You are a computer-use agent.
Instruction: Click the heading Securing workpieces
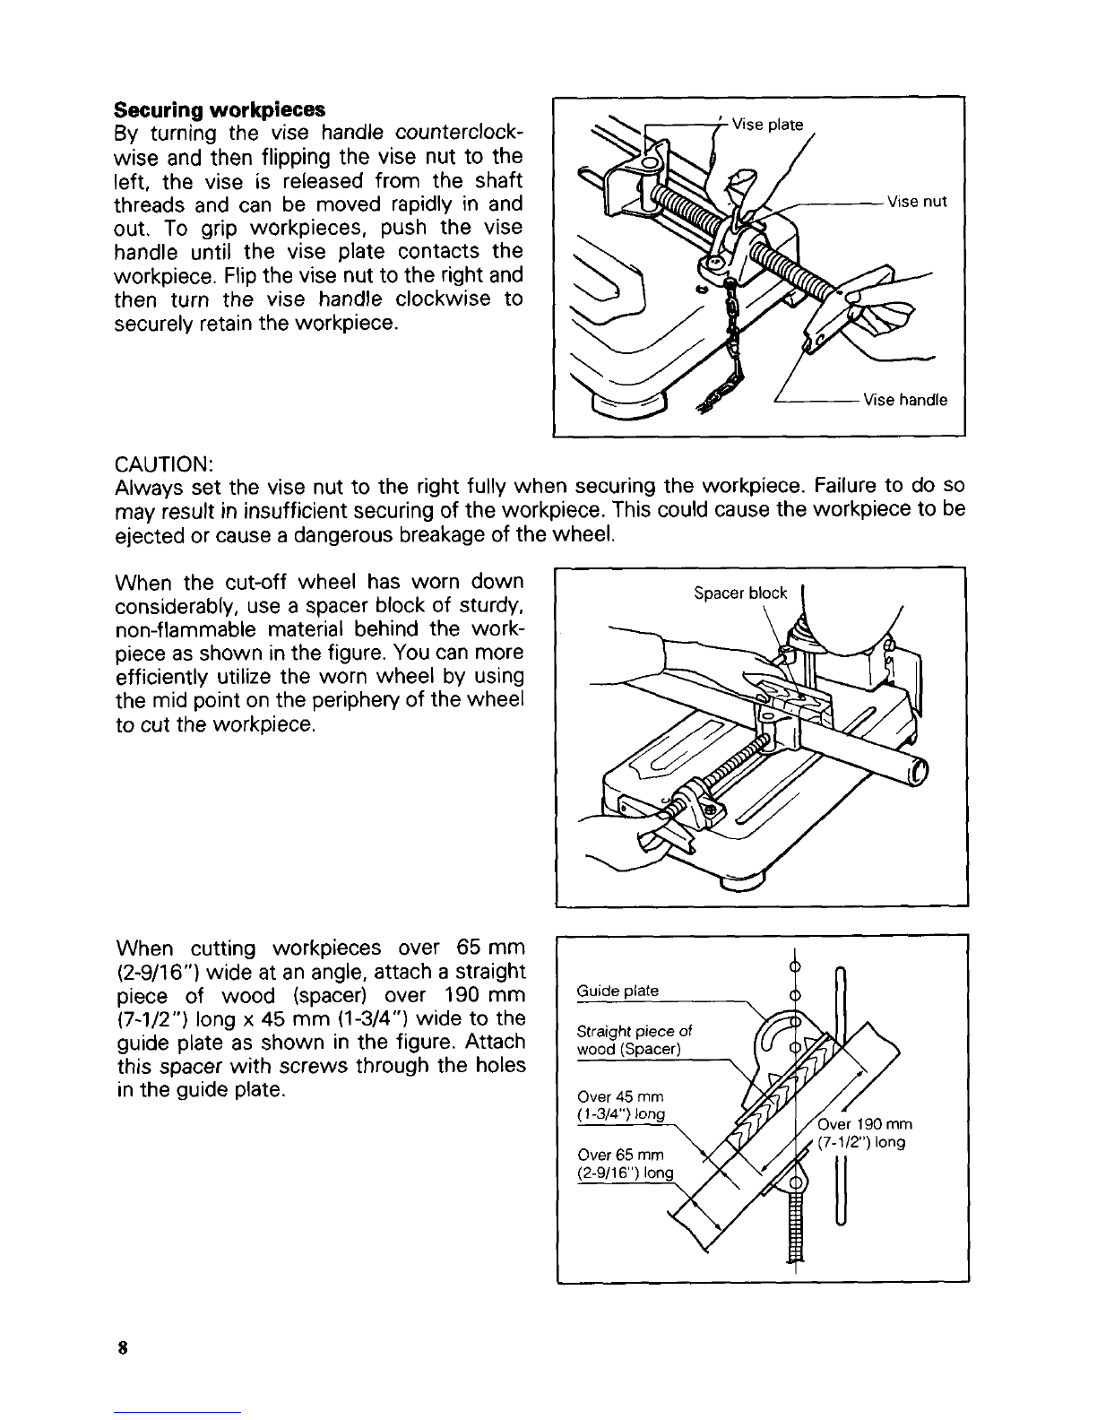220,109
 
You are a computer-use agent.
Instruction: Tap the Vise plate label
767,124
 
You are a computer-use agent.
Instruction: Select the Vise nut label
917,202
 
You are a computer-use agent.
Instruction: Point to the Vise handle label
905,399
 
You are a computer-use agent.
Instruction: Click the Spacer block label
740,593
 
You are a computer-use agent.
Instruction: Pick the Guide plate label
618,990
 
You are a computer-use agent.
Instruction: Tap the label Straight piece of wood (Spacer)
634,1040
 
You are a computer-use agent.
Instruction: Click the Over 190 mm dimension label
864,1133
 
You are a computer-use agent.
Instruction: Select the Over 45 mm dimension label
621,1105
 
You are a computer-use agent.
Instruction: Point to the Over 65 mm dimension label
626,1164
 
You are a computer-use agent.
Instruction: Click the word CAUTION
164,464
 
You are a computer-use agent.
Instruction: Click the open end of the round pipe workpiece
920,773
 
